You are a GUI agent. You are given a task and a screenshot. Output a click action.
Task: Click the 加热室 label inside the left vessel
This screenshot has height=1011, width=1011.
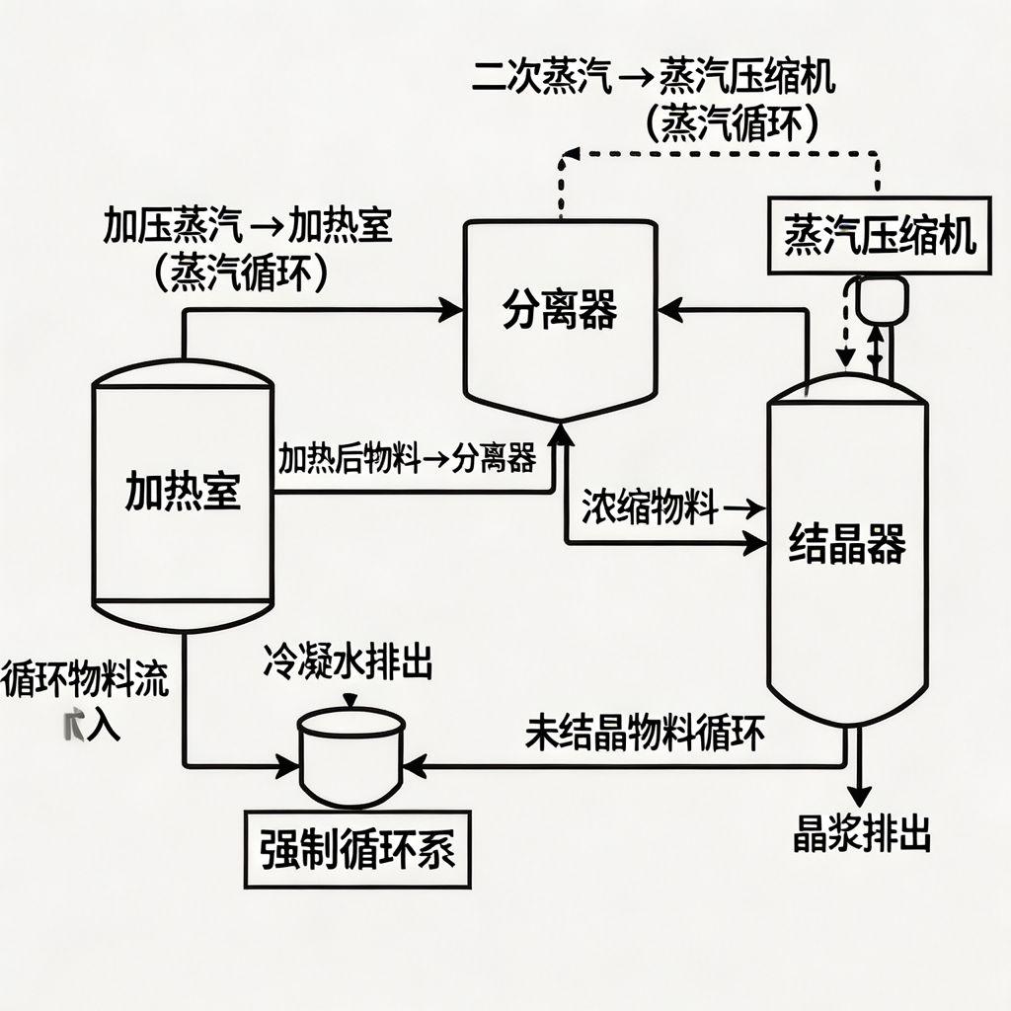[x=183, y=491]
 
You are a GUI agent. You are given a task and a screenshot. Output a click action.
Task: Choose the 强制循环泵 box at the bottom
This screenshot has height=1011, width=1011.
[x=357, y=850]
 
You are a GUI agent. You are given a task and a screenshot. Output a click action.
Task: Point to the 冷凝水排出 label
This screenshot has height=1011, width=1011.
[x=348, y=663]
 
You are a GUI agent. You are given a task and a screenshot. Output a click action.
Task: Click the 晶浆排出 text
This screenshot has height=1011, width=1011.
[x=862, y=835]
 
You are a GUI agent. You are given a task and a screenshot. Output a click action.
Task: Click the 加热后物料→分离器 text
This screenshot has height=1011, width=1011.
[x=408, y=458]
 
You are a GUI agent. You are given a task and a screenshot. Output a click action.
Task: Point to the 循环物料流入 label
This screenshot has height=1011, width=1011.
[x=84, y=701]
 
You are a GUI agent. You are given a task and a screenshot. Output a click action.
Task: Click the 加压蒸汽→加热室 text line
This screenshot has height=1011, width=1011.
[x=247, y=228]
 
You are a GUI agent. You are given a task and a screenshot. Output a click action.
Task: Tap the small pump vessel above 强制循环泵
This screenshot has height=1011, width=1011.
[x=352, y=755]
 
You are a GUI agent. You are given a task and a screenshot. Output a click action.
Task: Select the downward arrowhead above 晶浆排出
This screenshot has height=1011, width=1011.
[x=861, y=796]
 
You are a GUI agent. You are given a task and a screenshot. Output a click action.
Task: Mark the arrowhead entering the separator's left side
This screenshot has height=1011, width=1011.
[x=453, y=312]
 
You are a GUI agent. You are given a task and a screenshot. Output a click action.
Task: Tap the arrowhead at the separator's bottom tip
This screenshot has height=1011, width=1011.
[x=563, y=430]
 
